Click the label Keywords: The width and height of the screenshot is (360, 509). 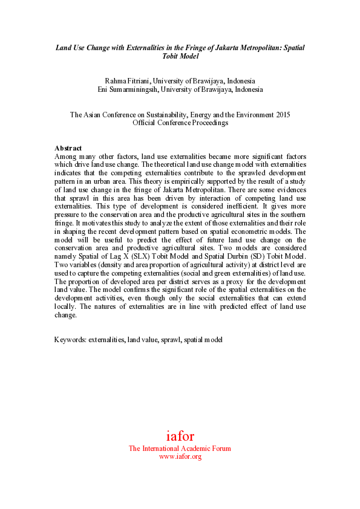pos(70,340)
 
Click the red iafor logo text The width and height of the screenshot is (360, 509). pos(180,436)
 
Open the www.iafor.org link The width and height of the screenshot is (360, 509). pos(180,457)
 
